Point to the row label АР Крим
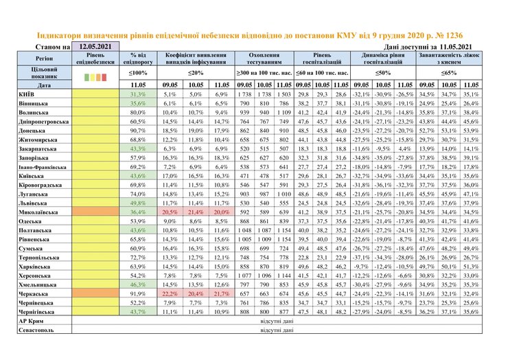[30, 320]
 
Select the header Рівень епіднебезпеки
[95, 58]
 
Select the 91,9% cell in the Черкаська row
[137, 293]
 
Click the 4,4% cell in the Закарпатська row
[405, 148]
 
